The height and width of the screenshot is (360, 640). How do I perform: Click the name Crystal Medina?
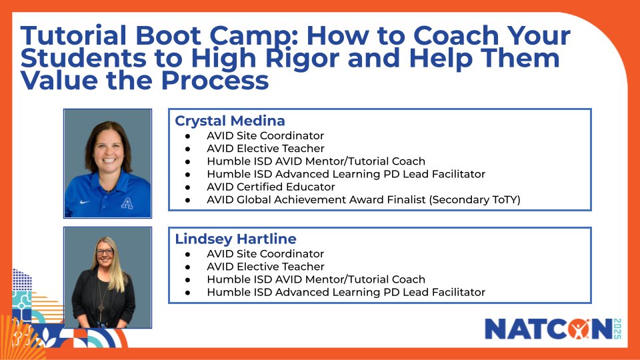229,121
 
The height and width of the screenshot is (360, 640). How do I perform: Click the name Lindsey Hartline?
235,239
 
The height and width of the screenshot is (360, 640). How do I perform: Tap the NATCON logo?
547,329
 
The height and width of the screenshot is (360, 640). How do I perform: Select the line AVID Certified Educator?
271,187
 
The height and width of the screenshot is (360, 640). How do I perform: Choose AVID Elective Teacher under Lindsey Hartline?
265,267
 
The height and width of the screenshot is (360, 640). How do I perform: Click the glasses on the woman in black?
105,253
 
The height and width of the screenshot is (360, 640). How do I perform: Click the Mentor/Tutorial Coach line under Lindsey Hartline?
316,279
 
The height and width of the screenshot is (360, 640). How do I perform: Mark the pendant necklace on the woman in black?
101,307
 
